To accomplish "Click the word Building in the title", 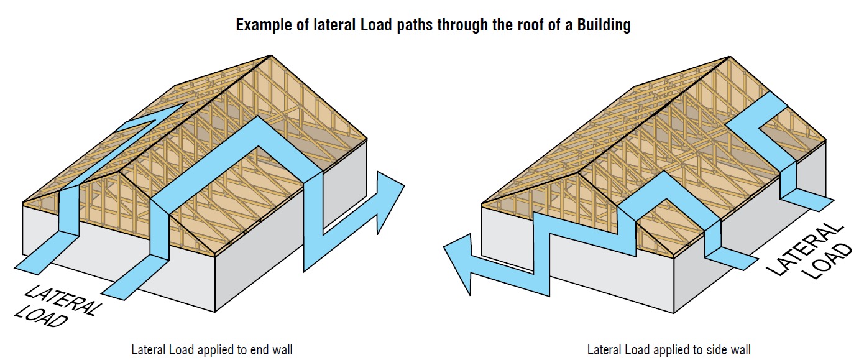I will click(604, 25).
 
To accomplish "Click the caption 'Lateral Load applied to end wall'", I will click(211, 349).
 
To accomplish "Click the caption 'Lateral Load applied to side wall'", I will click(668, 349).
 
